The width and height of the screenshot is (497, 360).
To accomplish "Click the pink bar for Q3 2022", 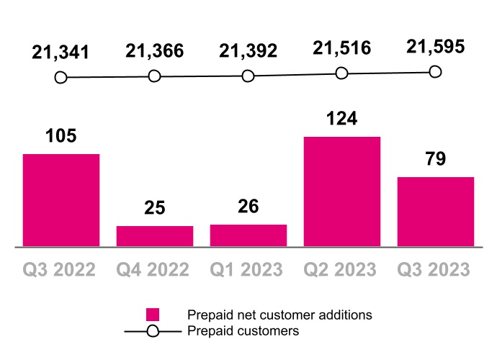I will pyautogui.click(x=61, y=200).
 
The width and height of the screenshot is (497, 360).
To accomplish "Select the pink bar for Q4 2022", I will pyautogui.click(x=155, y=236).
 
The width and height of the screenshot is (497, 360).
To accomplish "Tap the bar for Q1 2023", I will pyautogui.click(x=248, y=235).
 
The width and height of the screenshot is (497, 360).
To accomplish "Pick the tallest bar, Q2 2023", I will pyautogui.click(x=341, y=192).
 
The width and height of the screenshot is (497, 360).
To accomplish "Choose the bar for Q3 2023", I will pyautogui.click(x=436, y=212).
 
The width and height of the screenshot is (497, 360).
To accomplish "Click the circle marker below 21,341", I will pyautogui.click(x=61, y=77).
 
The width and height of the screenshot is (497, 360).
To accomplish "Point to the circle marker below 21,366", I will pyautogui.click(x=154, y=76).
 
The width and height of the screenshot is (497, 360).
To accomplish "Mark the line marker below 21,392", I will pyautogui.click(x=248, y=76).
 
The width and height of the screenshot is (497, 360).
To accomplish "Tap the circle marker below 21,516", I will pyautogui.click(x=341, y=73).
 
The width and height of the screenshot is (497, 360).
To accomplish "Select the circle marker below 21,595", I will pyautogui.click(x=435, y=71).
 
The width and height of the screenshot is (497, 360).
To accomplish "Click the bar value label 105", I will pyautogui.click(x=61, y=136).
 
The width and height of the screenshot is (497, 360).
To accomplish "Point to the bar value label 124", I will pyautogui.click(x=341, y=119).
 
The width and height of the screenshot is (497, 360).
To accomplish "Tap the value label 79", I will pyautogui.click(x=435, y=159).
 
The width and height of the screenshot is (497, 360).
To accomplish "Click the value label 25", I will pyautogui.click(x=154, y=208).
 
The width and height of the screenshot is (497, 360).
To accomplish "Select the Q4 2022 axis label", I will pyautogui.click(x=153, y=270).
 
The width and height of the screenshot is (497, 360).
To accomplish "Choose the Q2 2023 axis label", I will pyautogui.click(x=341, y=270).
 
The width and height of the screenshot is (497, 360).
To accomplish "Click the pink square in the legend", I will pyautogui.click(x=152, y=315).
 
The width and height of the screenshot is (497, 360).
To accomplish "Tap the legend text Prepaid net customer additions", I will pyautogui.click(x=279, y=315).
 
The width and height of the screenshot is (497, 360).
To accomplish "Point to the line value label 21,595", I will pyautogui.click(x=435, y=48).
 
